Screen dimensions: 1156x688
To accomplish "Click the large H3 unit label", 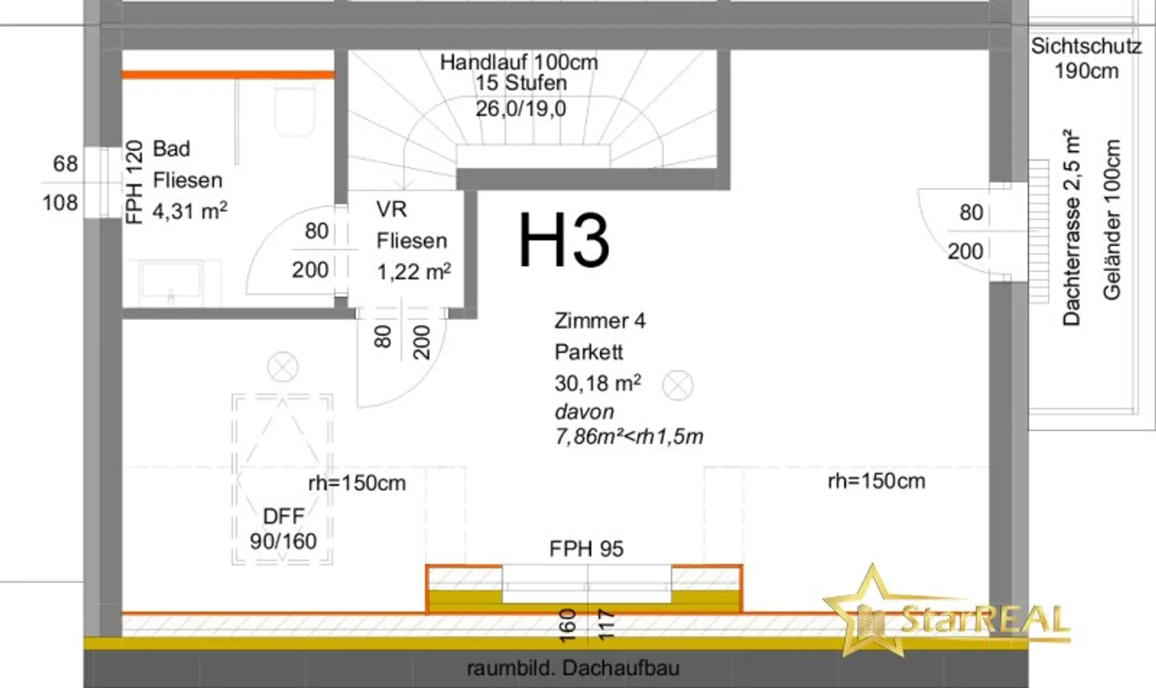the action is [x=564, y=240].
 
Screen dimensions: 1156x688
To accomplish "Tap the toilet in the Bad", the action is [x=295, y=112].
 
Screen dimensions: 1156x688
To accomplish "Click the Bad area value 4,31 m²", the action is [x=190, y=211].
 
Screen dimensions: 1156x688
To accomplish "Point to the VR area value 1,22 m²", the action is [x=414, y=272].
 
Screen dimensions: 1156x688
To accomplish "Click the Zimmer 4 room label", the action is [x=600, y=321].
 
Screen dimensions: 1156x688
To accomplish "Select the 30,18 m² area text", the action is [x=597, y=383].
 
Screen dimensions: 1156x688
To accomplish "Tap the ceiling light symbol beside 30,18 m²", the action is [x=677, y=385].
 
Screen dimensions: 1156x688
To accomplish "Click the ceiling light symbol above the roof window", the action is [x=282, y=366].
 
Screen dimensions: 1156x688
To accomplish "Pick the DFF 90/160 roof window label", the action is [x=283, y=529].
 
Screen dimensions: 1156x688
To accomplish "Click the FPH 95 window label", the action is [x=586, y=549].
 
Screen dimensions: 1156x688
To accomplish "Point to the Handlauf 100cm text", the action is [x=519, y=62].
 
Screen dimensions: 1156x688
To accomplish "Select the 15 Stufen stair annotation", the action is [x=521, y=83].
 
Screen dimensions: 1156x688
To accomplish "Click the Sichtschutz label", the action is [x=1086, y=46].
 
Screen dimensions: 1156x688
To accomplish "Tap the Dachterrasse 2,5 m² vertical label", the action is [x=1072, y=227].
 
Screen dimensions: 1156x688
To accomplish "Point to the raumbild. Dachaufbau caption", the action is [x=573, y=668].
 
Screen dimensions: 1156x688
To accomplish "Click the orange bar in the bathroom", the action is [x=228, y=75].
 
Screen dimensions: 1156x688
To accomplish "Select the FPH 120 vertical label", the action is [x=134, y=182].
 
